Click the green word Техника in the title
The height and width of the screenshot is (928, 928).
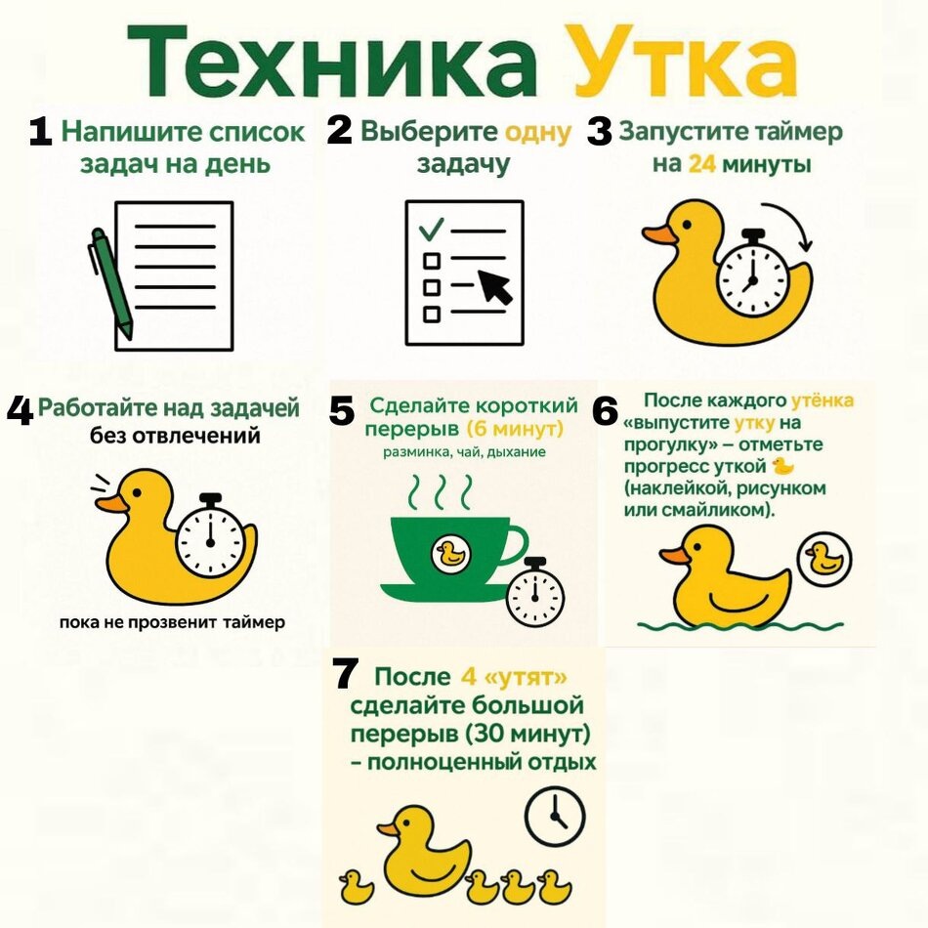pos(333,61)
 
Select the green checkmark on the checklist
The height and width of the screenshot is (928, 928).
pos(430,230)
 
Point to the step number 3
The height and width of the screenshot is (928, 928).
pos(599,133)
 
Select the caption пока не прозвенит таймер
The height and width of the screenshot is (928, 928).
pos(171,622)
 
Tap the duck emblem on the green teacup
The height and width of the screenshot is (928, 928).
pos(450,554)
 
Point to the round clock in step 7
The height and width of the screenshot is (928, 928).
pos(554,813)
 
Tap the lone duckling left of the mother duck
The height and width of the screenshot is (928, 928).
pos(356,887)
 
